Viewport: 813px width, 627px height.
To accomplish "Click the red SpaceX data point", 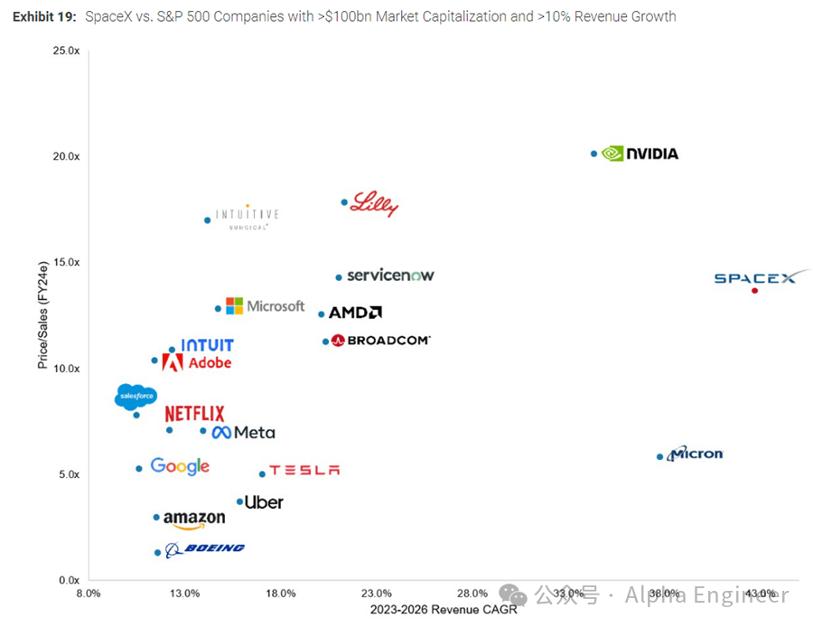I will (x=754, y=290).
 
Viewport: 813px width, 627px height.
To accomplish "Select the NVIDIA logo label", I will (x=640, y=154).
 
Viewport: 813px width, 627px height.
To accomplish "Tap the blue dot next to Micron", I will (x=659, y=457).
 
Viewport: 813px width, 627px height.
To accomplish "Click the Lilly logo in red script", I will (x=374, y=204).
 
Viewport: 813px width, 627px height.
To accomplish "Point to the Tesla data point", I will (x=262, y=473).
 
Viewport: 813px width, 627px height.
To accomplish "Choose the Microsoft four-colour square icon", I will (x=234, y=306).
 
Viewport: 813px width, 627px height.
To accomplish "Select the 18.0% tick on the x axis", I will (x=281, y=594).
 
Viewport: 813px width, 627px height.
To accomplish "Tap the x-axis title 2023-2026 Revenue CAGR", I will (x=444, y=610).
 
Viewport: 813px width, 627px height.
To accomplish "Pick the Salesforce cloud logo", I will (x=136, y=397).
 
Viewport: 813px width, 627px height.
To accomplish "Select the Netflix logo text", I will (x=194, y=414).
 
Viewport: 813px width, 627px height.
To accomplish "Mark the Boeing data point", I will (x=157, y=553).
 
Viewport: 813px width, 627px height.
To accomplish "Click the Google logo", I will (x=180, y=466).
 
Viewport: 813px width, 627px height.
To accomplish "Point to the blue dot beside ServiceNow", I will (x=339, y=277).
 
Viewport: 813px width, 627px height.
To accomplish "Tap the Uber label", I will (x=264, y=502).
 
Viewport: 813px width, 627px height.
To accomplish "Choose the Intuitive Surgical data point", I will (x=207, y=220).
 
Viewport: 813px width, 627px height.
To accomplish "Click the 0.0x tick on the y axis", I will (x=69, y=580).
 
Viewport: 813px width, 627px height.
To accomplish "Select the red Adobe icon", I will (x=173, y=362).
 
